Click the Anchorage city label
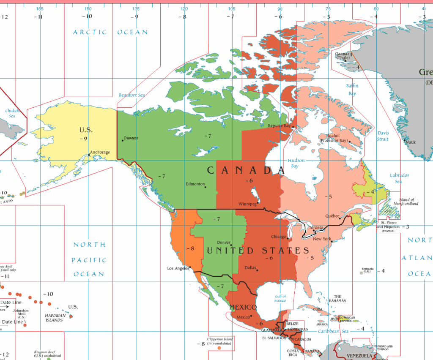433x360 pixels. point(100,152)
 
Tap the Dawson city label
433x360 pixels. point(131,138)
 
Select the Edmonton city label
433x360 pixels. point(195,184)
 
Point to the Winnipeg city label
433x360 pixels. point(247,204)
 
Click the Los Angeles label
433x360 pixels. point(178,268)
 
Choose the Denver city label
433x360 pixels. point(224,243)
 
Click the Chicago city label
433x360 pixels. point(279,237)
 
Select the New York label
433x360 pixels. point(322,239)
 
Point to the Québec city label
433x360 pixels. point(332,215)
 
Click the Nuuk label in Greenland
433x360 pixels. point(410,142)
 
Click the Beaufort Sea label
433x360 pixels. point(132,95)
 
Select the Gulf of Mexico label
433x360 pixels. point(280,298)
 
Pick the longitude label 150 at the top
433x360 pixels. point(88,8)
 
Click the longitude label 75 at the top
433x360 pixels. point(328,8)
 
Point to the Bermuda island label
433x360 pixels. point(367,269)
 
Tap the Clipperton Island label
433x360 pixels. point(220,339)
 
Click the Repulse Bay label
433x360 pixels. point(279,125)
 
